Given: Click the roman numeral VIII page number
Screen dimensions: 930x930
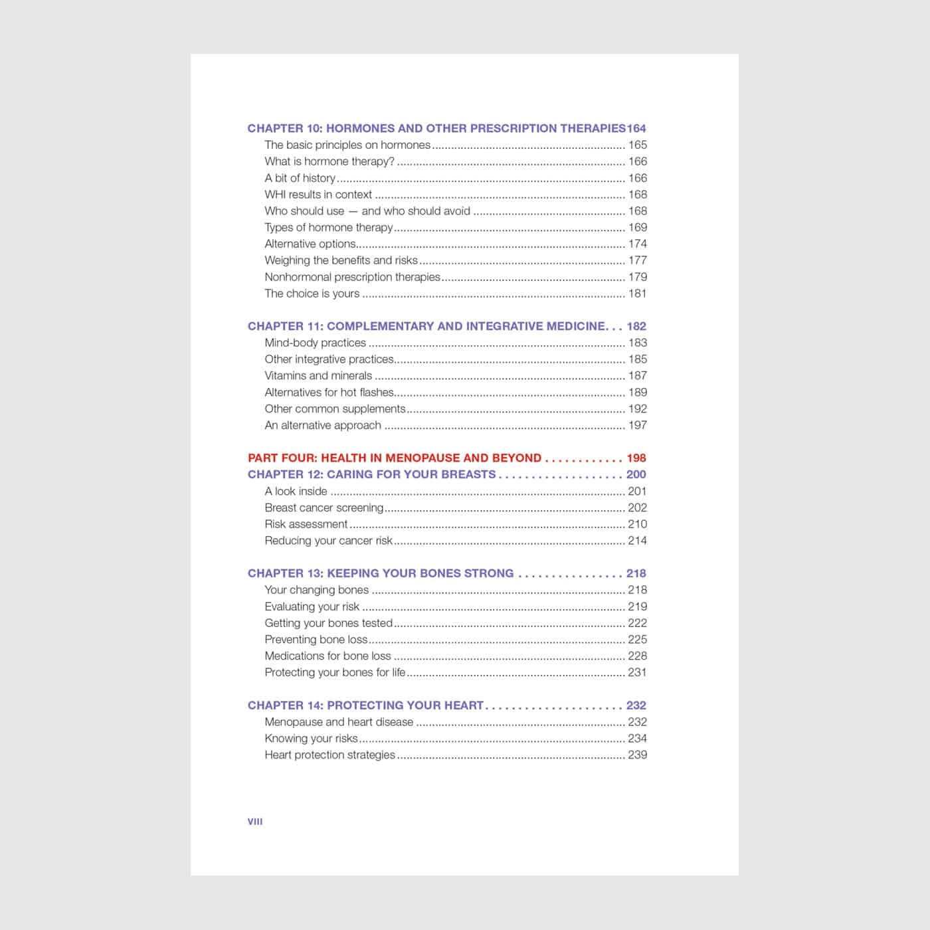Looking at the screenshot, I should point(254,822).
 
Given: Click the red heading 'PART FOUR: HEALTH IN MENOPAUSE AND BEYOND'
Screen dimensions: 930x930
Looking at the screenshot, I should point(394,458).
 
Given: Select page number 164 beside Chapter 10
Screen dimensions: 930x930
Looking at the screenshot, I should point(636,128).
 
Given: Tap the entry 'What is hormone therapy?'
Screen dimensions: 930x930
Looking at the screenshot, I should point(329,161).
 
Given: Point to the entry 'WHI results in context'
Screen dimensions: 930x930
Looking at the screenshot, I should point(318,195).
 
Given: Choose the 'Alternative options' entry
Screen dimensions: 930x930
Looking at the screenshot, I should point(310,244).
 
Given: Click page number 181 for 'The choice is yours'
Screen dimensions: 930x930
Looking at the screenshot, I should point(637,294).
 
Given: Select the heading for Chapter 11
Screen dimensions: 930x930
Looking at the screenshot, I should point(426,326).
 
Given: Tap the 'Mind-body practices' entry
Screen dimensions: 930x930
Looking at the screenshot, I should point(315,343).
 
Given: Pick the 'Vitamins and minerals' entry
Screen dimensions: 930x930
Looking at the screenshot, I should point(318,376).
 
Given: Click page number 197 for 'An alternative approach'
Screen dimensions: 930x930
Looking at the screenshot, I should point(637,425).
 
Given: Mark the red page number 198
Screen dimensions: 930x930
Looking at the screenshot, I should point(636,458).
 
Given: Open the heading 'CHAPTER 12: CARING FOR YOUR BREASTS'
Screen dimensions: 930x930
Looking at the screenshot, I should point(371,474).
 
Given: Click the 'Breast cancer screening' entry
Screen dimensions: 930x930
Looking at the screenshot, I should point(324,508).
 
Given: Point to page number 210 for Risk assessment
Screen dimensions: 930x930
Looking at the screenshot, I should point(637,524).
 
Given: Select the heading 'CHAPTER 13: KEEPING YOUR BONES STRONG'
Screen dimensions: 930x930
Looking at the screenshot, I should point(381,573).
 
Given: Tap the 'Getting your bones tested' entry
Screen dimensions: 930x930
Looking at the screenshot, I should point(328,623).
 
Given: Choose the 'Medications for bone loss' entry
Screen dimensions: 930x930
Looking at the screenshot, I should point(327,656).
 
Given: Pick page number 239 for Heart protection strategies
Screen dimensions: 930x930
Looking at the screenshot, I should point(637,755).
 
